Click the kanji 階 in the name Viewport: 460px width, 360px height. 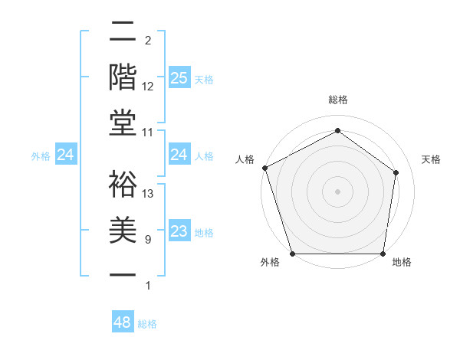123,77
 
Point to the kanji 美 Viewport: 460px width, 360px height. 123,230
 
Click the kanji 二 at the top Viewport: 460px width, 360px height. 123,33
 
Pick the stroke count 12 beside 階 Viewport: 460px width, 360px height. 149,86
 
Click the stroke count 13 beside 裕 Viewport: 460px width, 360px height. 149,193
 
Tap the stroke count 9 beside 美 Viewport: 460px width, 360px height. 147,240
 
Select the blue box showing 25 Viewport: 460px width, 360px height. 179,78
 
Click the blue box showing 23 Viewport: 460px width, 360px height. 179,231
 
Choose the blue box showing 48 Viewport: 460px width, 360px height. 123,322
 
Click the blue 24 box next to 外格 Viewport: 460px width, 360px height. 66,155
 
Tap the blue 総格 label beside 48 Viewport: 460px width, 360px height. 147,324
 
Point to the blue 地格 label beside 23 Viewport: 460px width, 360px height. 204,233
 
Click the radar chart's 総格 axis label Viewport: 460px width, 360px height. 337,100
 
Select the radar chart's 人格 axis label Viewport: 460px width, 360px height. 245,159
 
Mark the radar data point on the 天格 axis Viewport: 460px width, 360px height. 396,172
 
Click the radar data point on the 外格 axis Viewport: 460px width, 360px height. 293,254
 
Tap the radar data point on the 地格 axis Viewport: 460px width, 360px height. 383,254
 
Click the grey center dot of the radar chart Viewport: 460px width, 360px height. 337,191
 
